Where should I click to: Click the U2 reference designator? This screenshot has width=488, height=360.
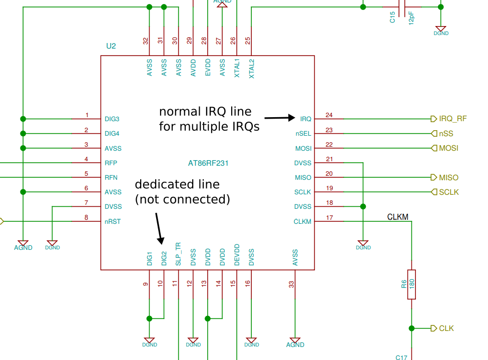click(x=111, y=46)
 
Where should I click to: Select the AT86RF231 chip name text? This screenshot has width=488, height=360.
click(x=208, y=163)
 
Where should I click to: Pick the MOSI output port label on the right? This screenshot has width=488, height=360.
click(x=448, y=148)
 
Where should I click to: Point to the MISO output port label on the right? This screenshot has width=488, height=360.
click(x=448, y=177)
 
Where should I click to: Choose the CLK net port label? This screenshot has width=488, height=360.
click(x=445, y=328)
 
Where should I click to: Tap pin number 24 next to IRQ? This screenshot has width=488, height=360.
click(x=329, y=115)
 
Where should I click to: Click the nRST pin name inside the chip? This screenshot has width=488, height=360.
click(x=113, y=221)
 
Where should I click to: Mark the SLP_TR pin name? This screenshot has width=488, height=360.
click(x=178, y=254)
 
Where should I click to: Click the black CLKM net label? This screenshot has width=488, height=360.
click(x=398, y=217)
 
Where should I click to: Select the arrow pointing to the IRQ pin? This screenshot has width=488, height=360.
click(x=280, y=118)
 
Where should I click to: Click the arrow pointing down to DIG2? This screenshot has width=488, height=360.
click(x=159, y=228)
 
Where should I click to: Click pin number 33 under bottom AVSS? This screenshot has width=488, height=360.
click(x=291, y=284)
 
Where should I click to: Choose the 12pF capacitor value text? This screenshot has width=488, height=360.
click(x=411, y=18)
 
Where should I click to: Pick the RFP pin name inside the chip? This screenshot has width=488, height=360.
click(x=111, y=163)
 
